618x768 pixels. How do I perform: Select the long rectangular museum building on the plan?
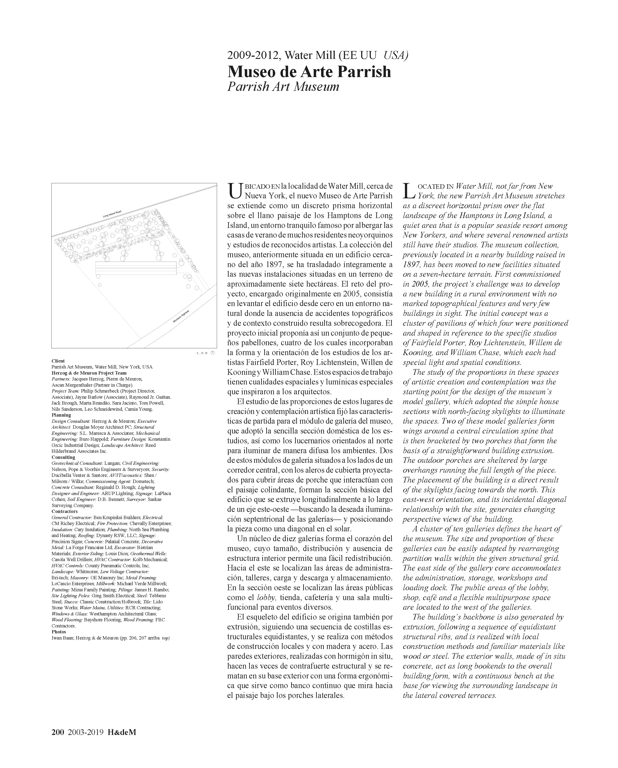tap(136, 268)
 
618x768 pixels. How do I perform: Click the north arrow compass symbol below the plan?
tap(213, 353)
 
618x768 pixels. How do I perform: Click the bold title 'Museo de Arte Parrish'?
tap(309, 72)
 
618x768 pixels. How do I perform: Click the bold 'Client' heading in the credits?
tap(58, 361)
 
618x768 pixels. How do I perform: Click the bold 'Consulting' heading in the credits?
tap(63, 457)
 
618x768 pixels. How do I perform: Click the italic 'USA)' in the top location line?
tap(396, 56)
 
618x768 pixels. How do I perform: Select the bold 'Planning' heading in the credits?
tap(61, 415)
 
